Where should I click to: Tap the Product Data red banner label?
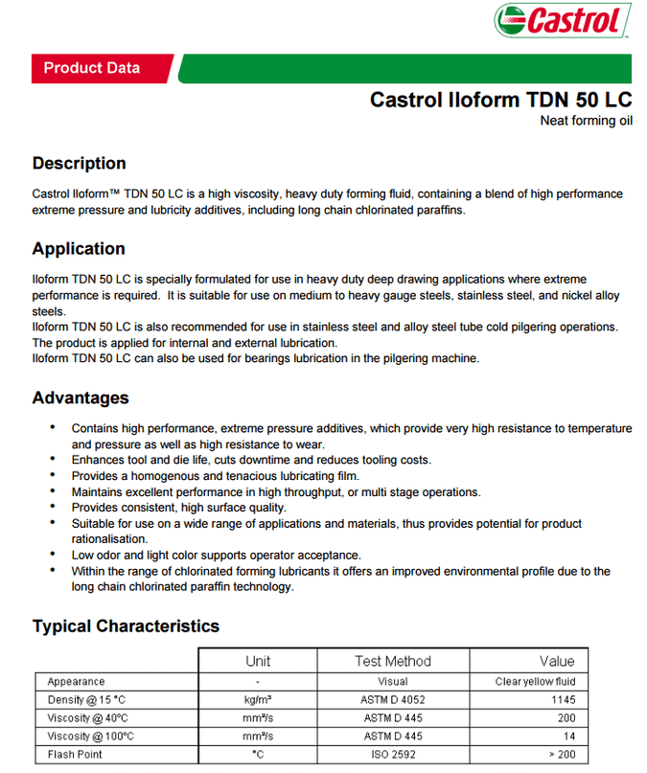coord(92,68)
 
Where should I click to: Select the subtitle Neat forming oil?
coord(586,121)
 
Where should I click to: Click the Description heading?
coord(79,163)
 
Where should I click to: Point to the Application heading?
coord(79,249)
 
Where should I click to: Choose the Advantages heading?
coord(81,398)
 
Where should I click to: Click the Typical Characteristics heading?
coord(126,626)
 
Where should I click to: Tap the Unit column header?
coord(258,661)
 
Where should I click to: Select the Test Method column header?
coord(393,661)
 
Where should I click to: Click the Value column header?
coord(557,661)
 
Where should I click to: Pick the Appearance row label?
coord(76,682)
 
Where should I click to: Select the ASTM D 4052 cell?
coord(393,700)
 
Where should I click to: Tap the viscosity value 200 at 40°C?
coord(565,718)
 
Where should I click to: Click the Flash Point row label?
coord(75,755)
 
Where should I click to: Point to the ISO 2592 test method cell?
coord(393,755)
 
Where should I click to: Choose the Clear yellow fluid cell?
coord(536,682)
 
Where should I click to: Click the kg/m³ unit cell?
coord(258,700)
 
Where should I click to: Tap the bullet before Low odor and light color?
coord(53,554)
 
